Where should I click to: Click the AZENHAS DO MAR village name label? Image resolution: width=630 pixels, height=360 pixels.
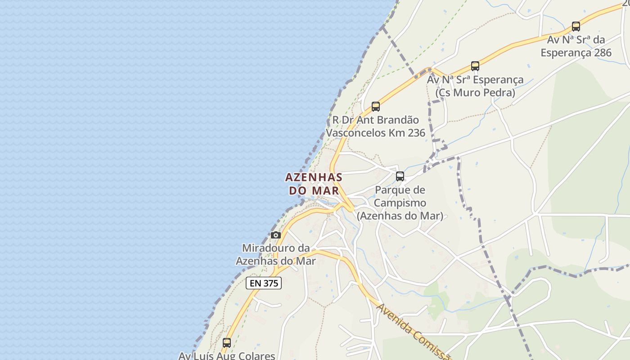coord(314,184)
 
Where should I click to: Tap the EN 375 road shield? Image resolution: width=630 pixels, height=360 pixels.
coord(264,283)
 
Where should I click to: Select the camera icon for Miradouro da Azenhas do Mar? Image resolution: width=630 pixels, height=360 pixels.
coord(276,235)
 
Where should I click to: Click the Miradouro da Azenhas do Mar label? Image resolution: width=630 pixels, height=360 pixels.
coord(276,254)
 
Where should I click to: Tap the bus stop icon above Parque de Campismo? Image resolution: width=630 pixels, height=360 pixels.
coord(400,176)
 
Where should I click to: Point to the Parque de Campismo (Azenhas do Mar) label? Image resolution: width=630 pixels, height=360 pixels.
coord(400,203)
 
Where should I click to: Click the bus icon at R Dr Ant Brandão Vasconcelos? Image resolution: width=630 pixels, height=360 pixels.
coord(376,107)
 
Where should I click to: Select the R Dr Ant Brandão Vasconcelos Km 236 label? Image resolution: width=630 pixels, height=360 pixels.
coord(375,126)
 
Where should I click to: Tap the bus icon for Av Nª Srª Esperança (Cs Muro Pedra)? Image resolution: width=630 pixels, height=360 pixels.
coord(475,66)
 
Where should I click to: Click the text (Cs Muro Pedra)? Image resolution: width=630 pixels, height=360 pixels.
coord(475,93)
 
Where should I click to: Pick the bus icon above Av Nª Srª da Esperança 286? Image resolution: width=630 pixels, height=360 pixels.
coord(576,26)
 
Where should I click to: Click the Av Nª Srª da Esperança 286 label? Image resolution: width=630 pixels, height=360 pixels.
coord(576,46)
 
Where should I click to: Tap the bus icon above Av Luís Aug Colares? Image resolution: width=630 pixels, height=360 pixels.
coord(227,343)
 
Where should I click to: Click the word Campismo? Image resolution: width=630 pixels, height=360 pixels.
coord(400,203)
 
